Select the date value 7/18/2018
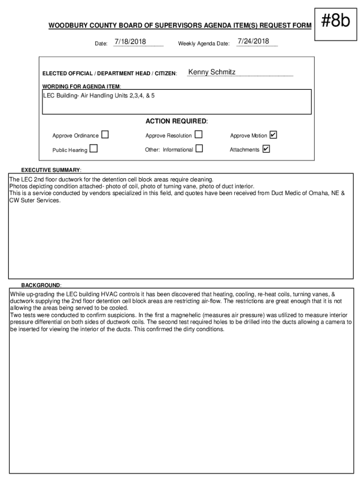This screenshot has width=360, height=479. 130,42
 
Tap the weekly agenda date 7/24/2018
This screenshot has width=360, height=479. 253,42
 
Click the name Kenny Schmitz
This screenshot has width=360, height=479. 212,73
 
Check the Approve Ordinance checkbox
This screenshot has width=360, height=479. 105,135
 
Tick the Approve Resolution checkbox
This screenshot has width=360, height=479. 199,135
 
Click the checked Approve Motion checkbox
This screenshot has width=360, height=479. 274,135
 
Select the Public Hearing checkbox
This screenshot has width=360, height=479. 94,149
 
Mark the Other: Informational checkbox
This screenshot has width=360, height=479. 200,149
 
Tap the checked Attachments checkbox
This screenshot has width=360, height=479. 266,149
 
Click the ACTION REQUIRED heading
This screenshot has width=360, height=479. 176,122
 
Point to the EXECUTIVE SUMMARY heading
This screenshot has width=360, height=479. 51,169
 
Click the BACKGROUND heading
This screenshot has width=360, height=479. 41,285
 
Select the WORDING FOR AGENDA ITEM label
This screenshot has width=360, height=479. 82,87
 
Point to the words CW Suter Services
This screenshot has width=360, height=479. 35,200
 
